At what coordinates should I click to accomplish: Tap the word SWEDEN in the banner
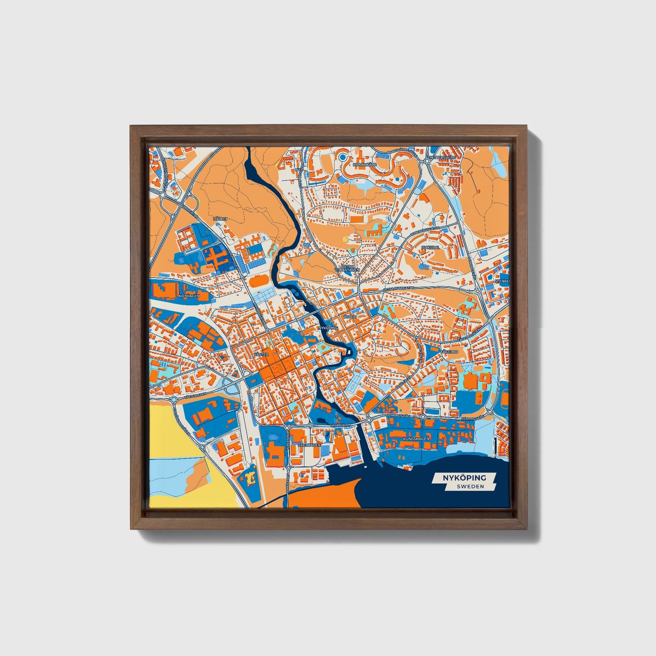tap(470, 486)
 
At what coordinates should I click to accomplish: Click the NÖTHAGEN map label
tap(189, 296)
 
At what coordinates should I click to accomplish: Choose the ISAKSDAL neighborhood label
tap(430, 247)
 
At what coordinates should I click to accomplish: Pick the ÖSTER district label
tap(350, 316)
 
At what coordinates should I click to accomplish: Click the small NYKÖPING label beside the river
tap(328, 327)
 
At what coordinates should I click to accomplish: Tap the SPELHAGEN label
tap(309, 445)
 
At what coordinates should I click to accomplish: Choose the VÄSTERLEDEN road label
tap(196, 395)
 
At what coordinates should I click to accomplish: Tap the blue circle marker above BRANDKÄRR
tap(343, 157)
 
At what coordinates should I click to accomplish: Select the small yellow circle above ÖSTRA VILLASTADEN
tap(346, 239)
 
